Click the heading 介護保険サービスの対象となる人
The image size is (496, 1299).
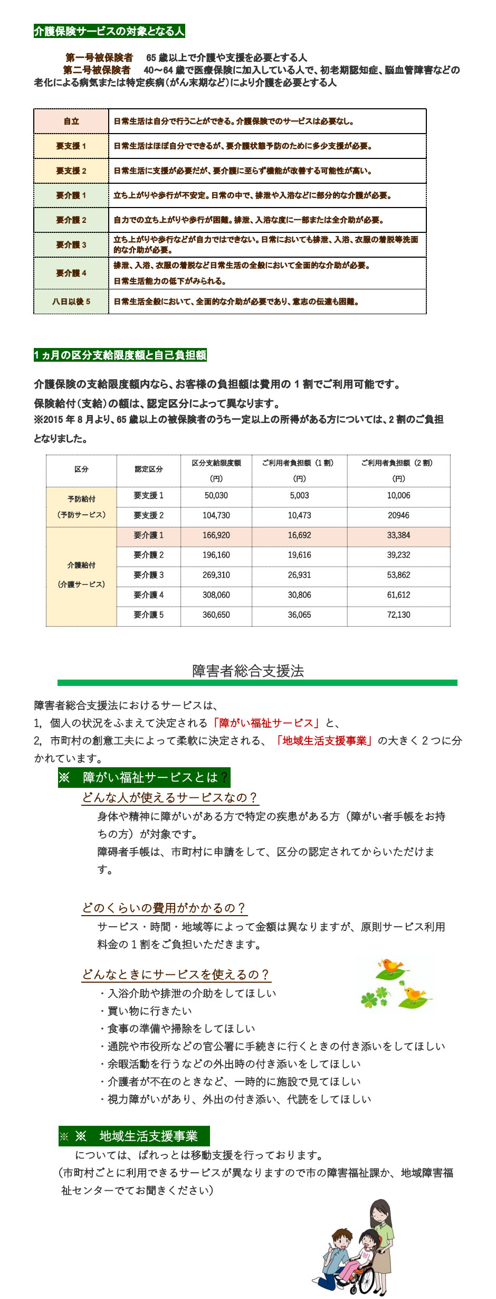(109, 31)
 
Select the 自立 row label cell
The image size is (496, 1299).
(71, 121)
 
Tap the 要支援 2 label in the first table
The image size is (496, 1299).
(71, 171)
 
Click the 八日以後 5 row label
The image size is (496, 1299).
(71, 302)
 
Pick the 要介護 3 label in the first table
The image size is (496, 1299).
(71, 245)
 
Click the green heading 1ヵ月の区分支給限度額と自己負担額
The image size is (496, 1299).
(120, 355)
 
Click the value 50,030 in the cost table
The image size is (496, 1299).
(216, 496)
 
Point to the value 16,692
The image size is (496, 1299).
(299, 535)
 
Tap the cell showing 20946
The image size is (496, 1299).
(398, 516)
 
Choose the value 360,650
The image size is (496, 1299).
(216, 615)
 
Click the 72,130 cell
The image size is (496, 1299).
(398, 615)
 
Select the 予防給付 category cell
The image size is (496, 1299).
(81, 507)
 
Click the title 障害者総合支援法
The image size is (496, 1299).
(248, 671)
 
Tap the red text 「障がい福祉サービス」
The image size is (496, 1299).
(266, 723)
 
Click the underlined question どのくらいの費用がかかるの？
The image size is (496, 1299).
(164, 908)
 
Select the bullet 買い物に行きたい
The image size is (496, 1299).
(150, 1011)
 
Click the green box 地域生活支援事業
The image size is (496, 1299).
(135, 1136)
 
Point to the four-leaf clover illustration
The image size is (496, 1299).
(374, 997)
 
